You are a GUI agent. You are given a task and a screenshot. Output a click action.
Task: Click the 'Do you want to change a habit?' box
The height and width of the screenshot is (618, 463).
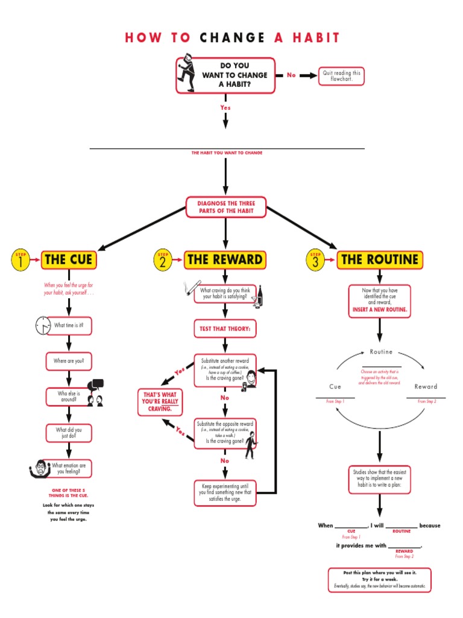(225, 75)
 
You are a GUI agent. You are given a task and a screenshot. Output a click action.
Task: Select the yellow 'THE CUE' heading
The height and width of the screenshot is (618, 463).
(68, 260)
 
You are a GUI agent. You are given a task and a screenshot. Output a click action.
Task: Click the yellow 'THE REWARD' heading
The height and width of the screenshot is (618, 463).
(225, 260)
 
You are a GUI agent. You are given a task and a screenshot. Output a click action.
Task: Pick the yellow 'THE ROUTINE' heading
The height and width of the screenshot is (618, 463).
(379, 260)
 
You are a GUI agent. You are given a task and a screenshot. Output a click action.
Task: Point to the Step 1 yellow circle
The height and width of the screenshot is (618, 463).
(20, 260)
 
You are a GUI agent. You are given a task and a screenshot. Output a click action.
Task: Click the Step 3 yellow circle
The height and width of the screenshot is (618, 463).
(315, 260)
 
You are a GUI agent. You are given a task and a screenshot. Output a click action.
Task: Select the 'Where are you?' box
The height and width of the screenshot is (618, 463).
(69, 361)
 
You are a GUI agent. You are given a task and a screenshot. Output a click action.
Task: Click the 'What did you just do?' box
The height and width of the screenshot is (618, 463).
(69, 433)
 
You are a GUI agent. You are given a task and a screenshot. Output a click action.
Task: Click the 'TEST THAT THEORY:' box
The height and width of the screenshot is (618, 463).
(225, 329)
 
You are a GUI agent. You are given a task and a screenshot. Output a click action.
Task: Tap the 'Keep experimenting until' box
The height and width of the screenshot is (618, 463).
(225, 492)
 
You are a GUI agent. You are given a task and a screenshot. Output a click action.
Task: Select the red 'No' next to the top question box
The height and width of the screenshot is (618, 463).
(291, 75)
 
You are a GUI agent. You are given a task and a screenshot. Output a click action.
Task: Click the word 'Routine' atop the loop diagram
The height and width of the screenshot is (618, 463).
(380, 352)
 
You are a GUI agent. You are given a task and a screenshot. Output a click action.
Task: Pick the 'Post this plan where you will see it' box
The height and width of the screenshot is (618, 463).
(379, 579)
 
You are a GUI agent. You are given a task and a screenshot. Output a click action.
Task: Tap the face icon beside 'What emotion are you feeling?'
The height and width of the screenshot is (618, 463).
(39, 468)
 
